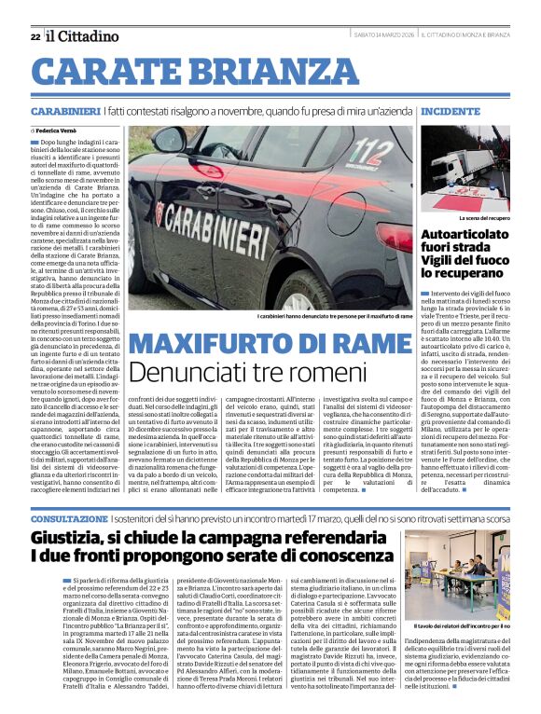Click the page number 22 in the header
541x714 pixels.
point(35,36)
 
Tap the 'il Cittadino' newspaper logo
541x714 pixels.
point(83,35)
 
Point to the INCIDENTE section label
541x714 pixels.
point(451,111)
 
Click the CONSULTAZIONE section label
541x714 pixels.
point(68,517)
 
